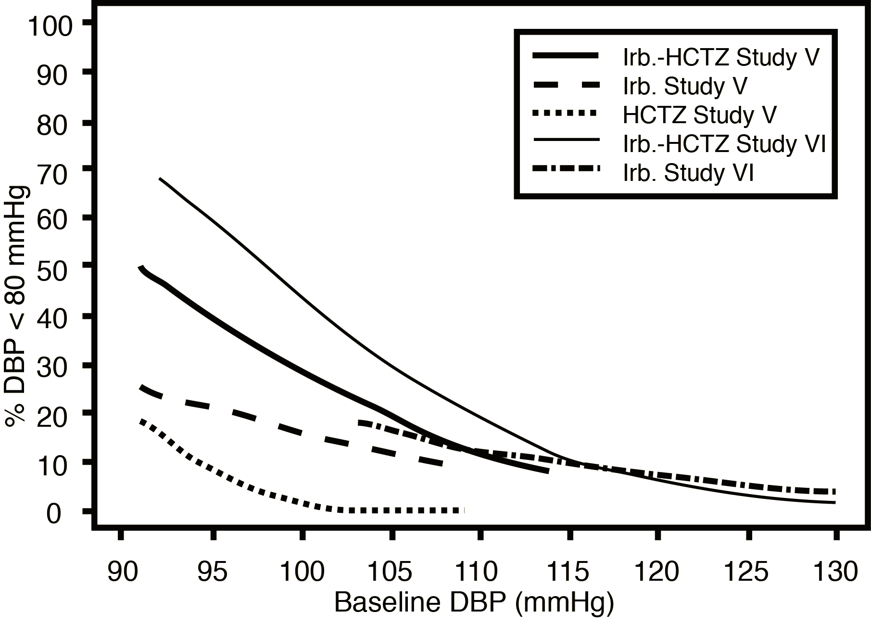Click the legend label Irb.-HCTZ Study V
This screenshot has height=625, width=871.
(x=720, y=58)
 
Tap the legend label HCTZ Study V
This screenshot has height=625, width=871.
(x=699, y=115)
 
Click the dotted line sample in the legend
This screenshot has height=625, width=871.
(x=566, y=114)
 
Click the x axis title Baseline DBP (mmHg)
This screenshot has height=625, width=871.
(x=474, y=603)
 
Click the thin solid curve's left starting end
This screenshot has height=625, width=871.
(x=160, y=179)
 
